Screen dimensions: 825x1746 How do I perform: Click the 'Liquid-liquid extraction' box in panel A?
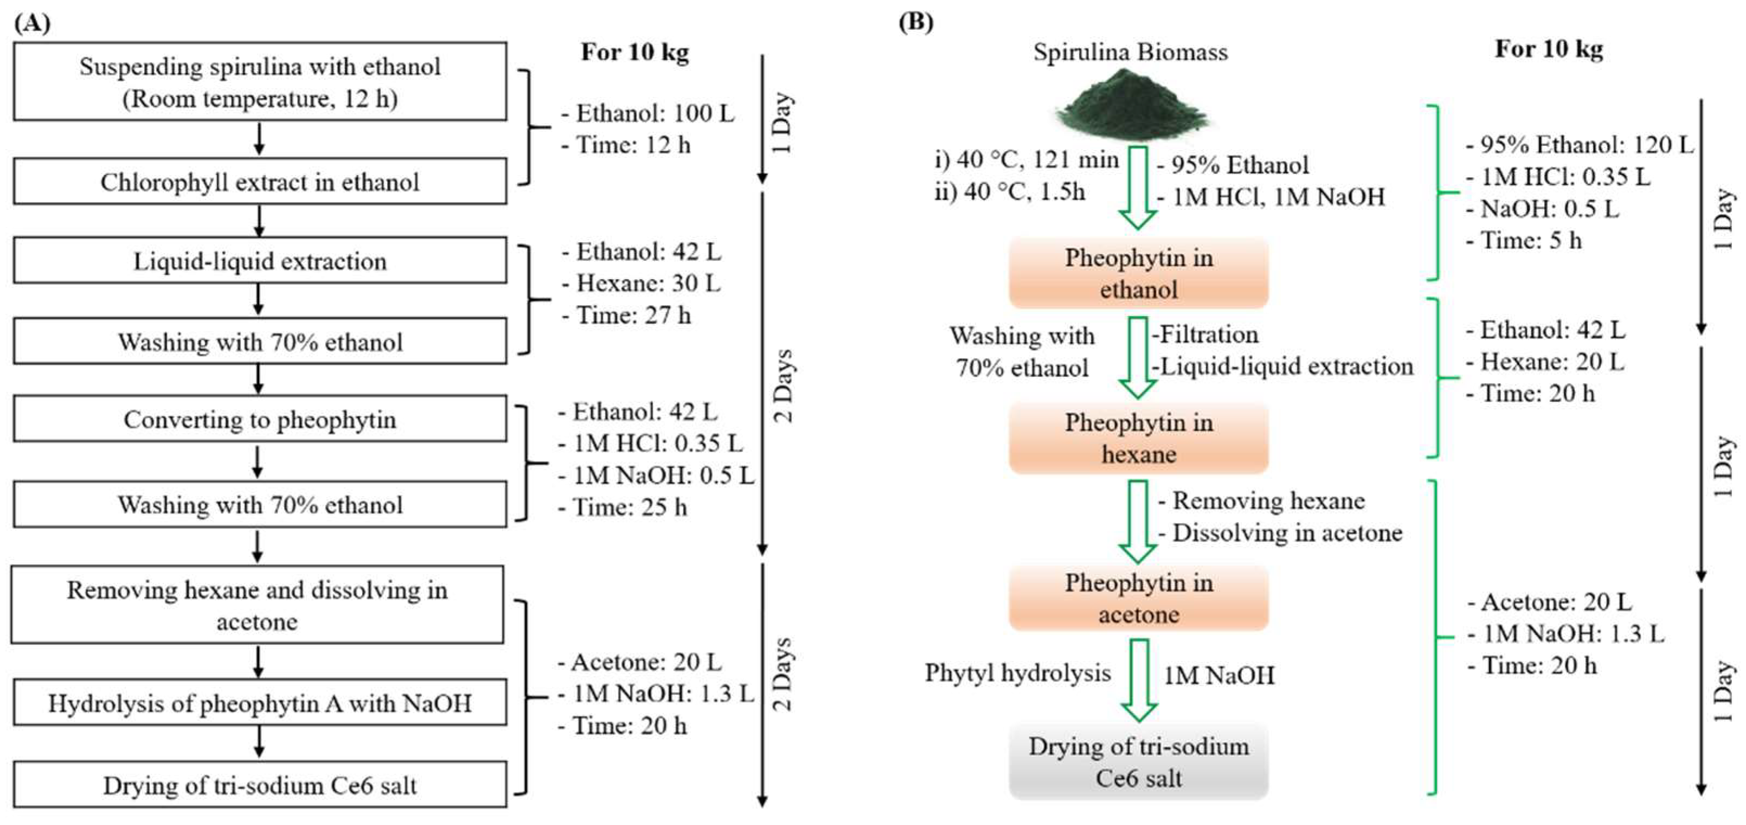coord(260,260)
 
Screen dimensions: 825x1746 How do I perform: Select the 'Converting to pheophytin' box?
coord(260,420)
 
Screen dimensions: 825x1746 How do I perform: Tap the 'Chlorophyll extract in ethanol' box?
coord(260,182)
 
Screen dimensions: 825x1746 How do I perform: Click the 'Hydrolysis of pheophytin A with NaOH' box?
coord(260,703)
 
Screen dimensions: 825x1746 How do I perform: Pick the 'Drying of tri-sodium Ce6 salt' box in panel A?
coord(260,785)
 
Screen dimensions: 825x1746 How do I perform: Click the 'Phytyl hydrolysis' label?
coord(1017,673)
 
